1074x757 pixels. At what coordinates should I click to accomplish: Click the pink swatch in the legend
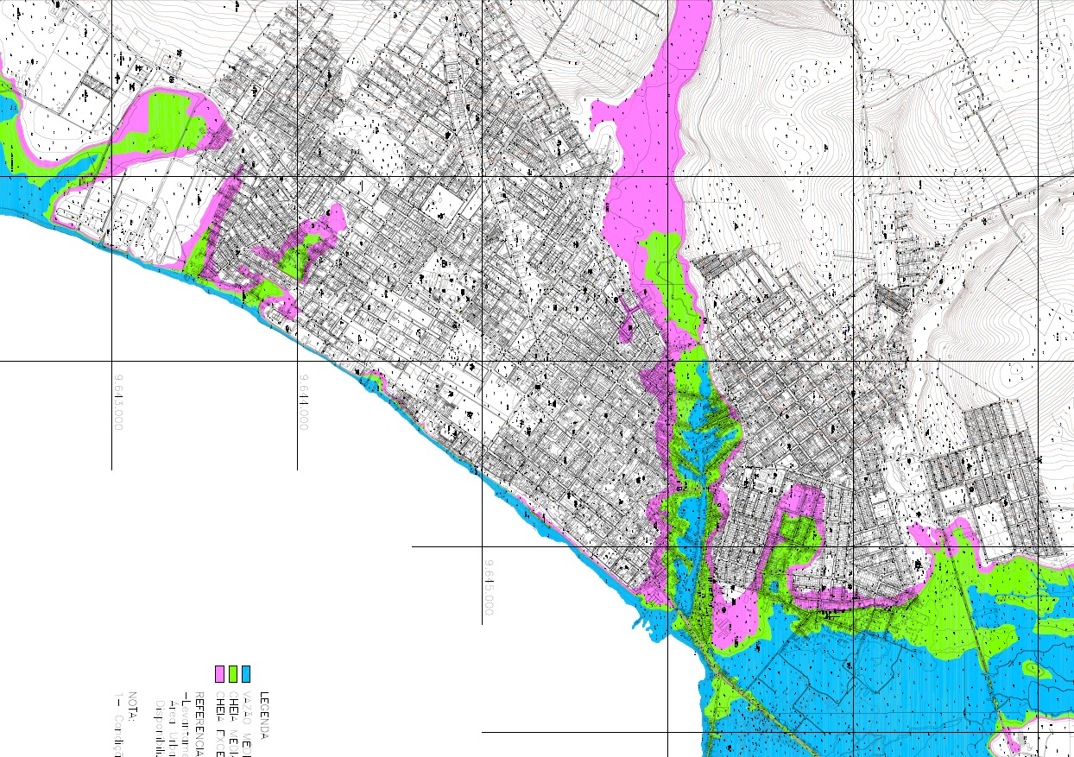pos(219,673)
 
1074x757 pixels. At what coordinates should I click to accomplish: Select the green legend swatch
pos(233,673)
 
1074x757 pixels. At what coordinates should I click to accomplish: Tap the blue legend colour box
pos(246,673)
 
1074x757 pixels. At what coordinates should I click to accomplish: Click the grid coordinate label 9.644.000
pos(304,402)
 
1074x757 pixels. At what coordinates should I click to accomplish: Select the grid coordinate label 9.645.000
pos(489,588)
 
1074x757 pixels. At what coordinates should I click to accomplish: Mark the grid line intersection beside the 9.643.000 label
pos(111,362)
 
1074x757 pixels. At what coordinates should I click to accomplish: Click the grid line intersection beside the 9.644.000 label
pos(298,362)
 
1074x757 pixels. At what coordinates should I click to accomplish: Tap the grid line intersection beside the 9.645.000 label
pos(482,547)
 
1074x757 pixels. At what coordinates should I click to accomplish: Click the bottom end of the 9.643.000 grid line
pos(111,469)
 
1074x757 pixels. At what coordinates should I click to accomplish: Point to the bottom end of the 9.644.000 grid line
pos(298,469)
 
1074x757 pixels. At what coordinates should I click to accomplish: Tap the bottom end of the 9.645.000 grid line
pos(482,623)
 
